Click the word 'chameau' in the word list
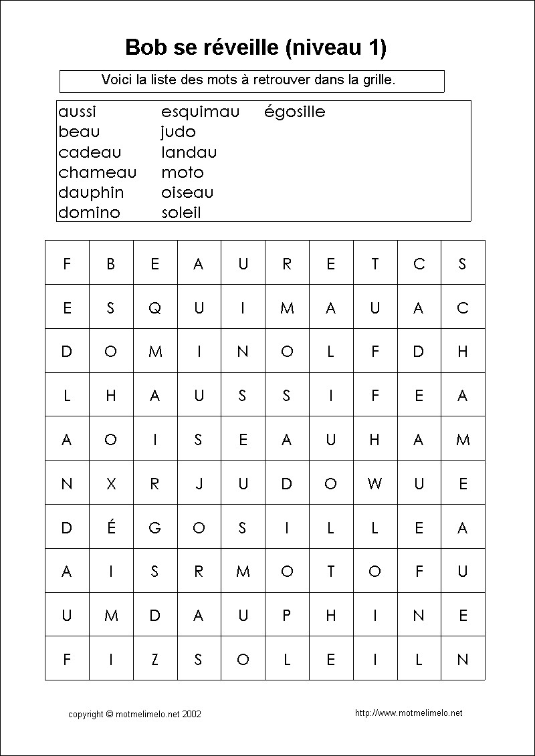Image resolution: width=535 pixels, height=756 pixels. [x=97, y=172]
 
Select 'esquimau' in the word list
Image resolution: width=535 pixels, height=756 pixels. [x=200, y=112]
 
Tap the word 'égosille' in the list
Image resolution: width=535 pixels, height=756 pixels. [x=294, y=112]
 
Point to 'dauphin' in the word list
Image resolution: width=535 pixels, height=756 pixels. [x=91, y=193]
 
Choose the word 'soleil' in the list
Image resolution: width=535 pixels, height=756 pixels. [x=181, y=213]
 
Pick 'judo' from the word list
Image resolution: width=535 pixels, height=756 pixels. [x=178, y=132]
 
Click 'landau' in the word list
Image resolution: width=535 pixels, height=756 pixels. [x=189, y=152]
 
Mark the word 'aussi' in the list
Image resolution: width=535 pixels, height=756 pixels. [x=77, y=112]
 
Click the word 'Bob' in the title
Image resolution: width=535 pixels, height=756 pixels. [x=142, y=47]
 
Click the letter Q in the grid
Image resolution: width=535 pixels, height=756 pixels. [x=154, y=308]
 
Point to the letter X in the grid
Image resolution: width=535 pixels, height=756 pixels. [x=111, y=484]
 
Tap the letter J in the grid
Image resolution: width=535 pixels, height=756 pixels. [x=199, y=484]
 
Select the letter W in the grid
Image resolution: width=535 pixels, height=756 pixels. [x=374, y=484]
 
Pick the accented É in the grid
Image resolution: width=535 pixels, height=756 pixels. [x=111, y=527]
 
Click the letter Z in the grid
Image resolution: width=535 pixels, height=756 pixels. [x=154, y=660]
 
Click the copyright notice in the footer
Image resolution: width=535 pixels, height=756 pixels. [x=134, y=714]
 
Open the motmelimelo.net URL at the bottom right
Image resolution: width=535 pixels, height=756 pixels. [x=409, y=713]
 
